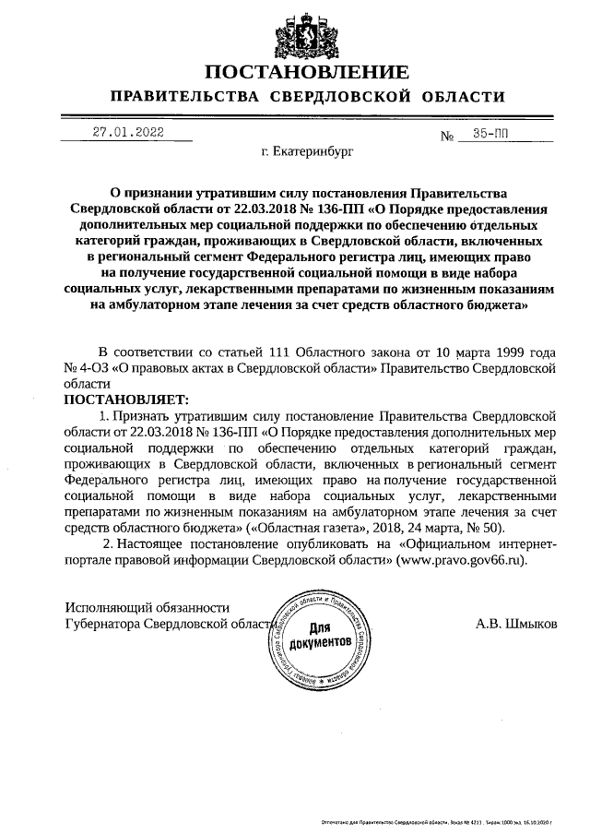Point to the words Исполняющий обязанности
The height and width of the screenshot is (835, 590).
pyautogui.click(x=147, y=606)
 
